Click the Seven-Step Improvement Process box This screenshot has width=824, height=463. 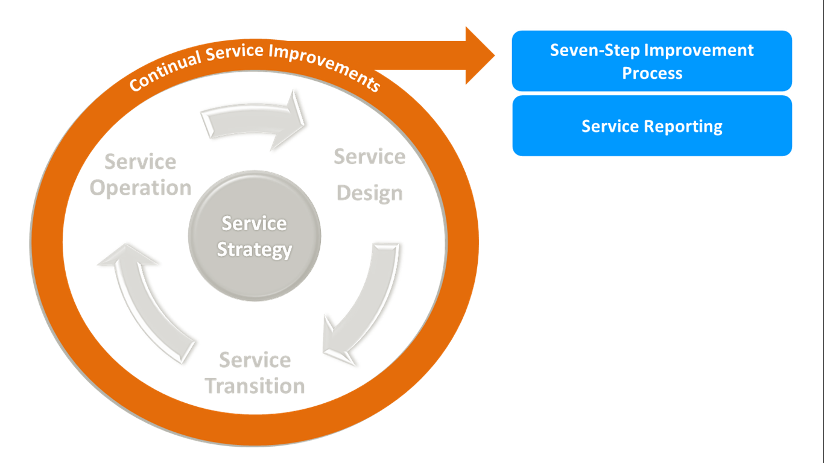click(651, 61)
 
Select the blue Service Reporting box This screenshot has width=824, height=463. click(651, 126)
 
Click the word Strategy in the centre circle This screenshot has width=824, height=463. click(255, 250)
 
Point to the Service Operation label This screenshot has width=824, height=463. click(141, 175)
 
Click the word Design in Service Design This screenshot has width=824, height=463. click(369, 194)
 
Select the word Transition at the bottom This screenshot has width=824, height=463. click(255, 386)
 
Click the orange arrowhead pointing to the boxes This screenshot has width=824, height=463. click(479, 55)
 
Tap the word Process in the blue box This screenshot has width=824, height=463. click(652, 74)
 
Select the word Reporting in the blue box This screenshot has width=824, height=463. click(682, 126)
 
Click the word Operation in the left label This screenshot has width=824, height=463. click(141, 188)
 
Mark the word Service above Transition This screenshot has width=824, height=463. click(255, 360)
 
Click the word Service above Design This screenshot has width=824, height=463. click(369, 157)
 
